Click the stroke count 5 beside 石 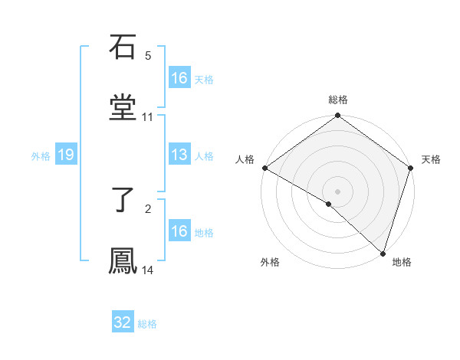point(148,55)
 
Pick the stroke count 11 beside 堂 point(148,117)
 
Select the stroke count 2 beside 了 point(148,208)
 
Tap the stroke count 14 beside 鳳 point(148,270)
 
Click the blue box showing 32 point(123,322)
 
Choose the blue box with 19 point(66,155)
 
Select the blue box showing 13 point(179,155)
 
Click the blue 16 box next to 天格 point(179,78)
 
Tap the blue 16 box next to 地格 point(179,231)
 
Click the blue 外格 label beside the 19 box point(41,156)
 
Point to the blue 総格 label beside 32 point(147,324)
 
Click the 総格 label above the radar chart point(338,100)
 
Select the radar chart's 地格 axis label point(402,263)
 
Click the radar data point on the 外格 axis point(329,204)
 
